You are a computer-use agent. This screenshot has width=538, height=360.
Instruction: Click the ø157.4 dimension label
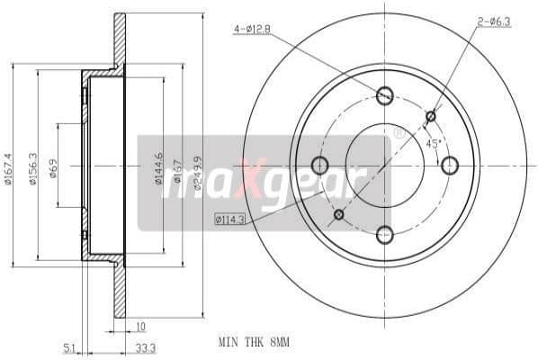8,167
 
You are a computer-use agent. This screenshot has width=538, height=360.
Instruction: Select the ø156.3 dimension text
33,167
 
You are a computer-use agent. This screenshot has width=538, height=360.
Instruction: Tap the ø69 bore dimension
54,167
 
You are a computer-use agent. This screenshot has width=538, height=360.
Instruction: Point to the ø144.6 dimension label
159,167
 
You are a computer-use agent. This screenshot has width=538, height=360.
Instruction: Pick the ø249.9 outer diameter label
199,167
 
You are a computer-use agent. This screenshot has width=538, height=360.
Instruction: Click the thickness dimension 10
140,327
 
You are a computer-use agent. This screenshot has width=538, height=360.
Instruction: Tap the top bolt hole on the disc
385,94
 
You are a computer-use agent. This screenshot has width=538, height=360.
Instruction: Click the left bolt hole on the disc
319,165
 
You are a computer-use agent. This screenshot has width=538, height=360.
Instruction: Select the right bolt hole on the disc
450,165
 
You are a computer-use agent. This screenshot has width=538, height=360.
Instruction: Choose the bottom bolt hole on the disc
385,232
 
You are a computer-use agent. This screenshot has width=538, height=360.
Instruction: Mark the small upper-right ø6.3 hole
431,115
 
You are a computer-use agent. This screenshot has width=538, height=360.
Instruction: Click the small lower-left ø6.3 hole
339,214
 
